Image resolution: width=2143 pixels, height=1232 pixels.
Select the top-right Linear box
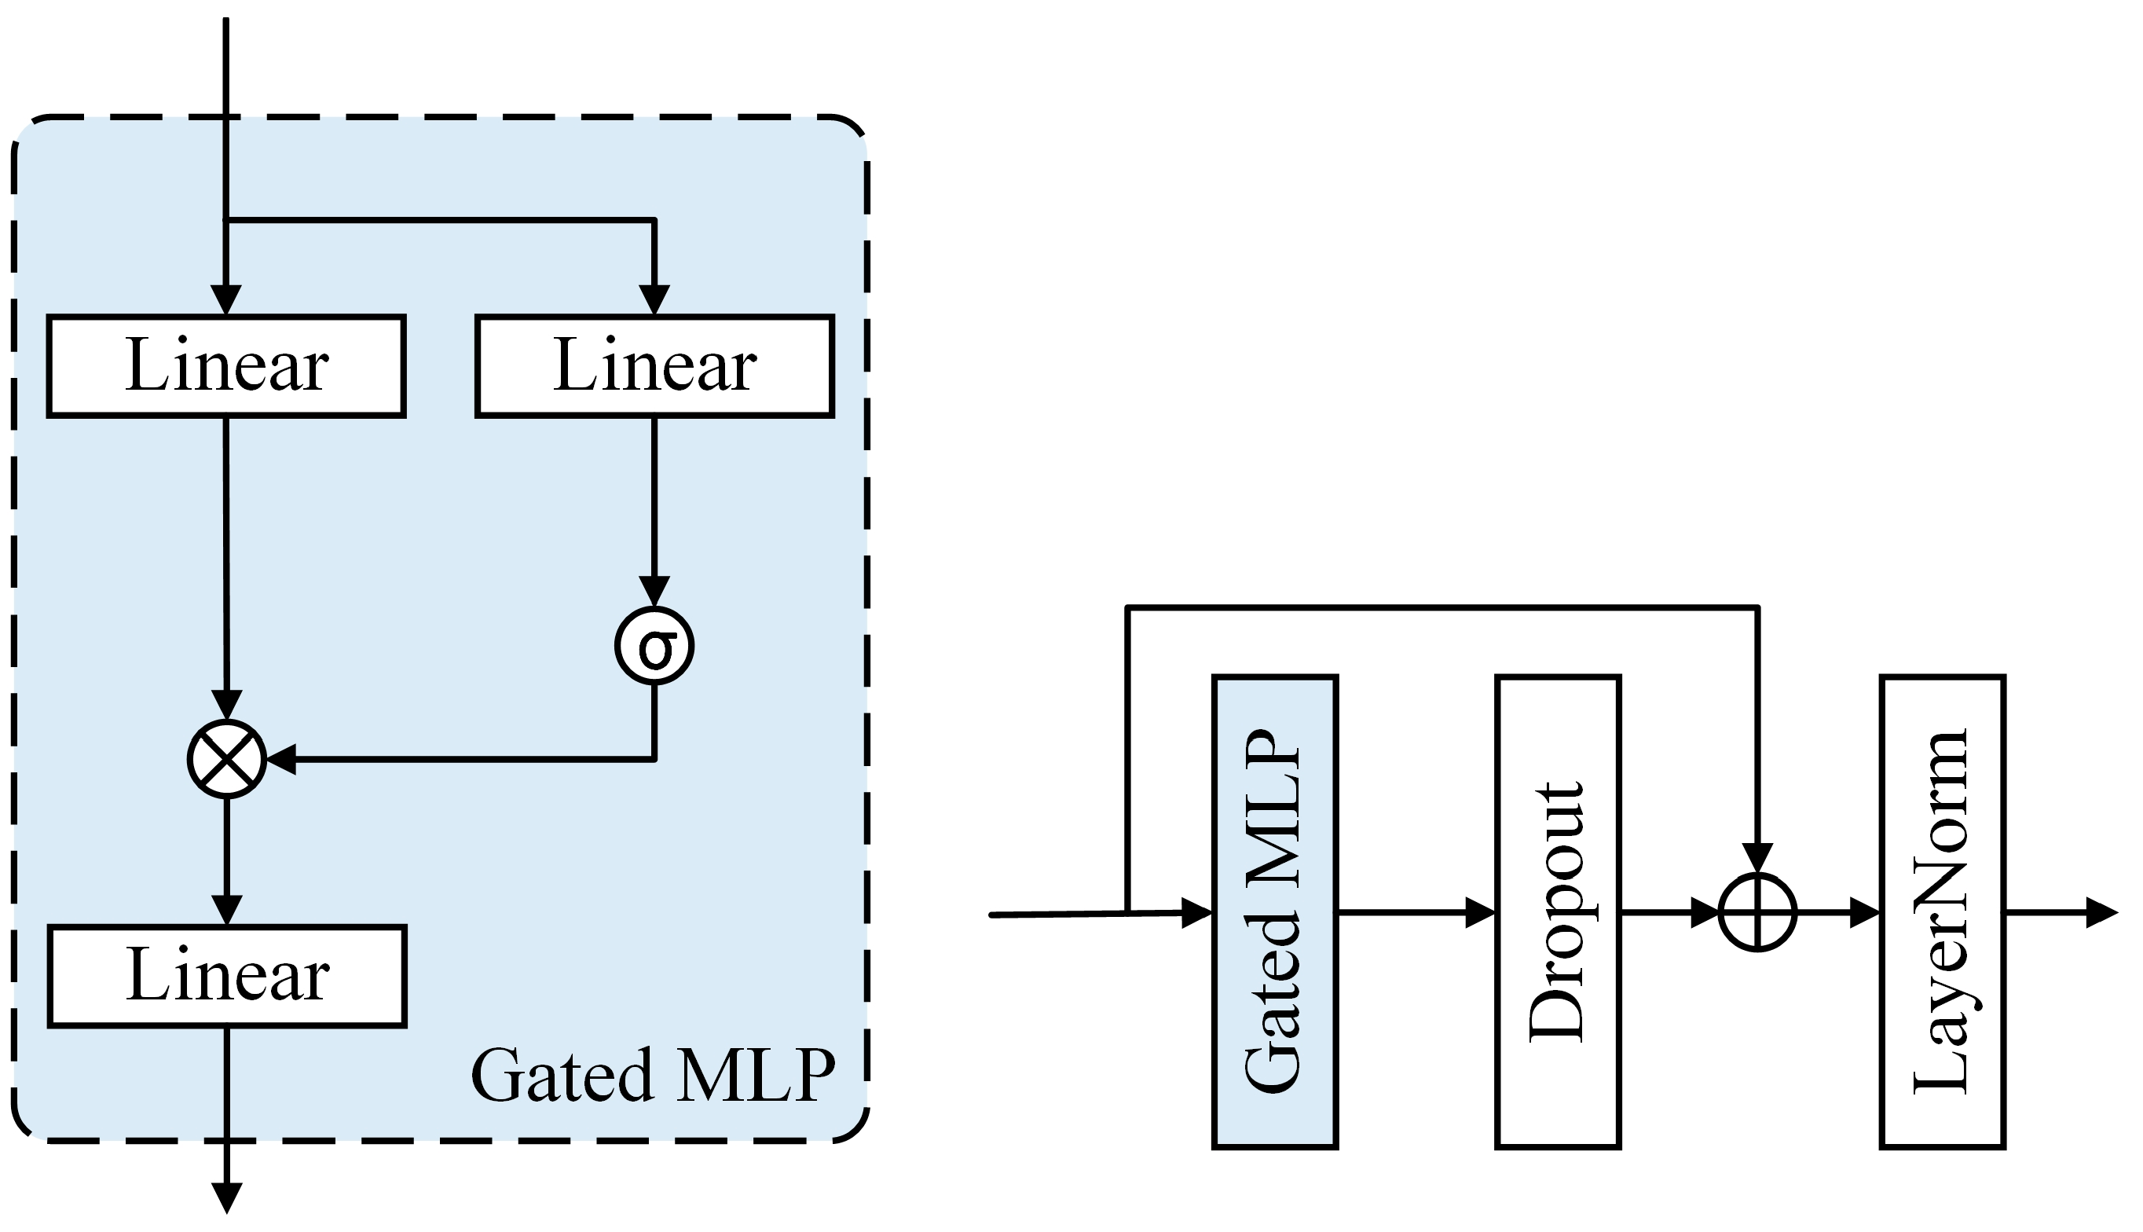[654, 366]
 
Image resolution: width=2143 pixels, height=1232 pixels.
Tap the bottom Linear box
[227, 977]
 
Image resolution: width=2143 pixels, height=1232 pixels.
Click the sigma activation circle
[654, 646]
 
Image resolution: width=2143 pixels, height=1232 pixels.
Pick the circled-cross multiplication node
[227, 759]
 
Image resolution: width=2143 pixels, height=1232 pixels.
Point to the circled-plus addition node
[1757, 913]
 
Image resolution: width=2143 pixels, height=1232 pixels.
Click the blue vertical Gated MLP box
[1274, 912]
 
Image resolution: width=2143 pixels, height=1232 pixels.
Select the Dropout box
[1558, 912]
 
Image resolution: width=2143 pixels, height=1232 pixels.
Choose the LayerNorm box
[1943, 912]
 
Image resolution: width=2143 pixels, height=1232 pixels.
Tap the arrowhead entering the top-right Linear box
[654, 300]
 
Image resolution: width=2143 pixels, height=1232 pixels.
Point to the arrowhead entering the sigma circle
[654, 592]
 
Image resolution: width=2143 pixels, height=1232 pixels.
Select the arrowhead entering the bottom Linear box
[227, 911]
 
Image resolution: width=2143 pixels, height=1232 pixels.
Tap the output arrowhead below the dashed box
[227, 1198]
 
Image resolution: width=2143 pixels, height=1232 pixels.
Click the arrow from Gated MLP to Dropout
[1416, 912]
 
